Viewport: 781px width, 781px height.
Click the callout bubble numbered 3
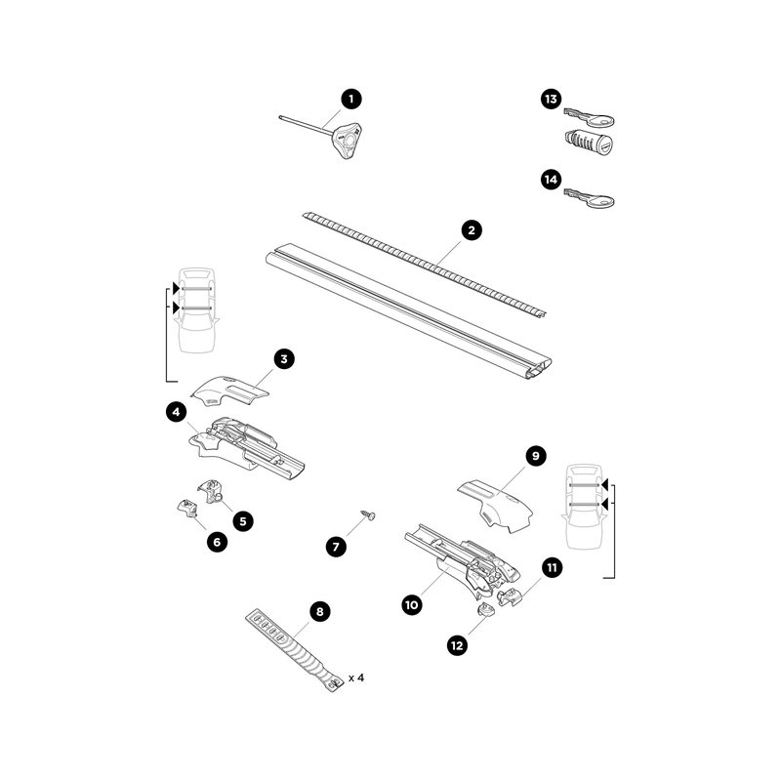pos(284,360)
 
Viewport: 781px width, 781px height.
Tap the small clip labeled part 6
pos(185,508)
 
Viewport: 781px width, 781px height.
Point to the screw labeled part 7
pos(369,514)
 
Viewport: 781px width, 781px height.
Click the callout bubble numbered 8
pos(318,611)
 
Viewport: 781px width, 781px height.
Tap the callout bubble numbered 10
pos(412,604)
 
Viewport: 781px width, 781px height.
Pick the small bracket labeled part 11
pos(511,595)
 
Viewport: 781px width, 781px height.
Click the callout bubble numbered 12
pos(458,644)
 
